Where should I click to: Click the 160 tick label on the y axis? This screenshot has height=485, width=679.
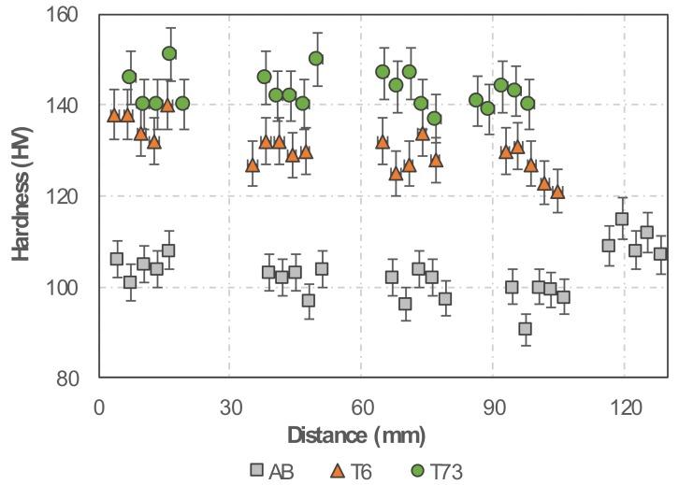(71, 15)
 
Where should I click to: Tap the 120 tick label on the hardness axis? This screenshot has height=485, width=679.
(71, 196)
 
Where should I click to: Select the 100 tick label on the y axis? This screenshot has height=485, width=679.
(71, 288)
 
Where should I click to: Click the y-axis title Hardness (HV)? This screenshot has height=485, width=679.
(22, 195)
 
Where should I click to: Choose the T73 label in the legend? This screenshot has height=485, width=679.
(446, 471)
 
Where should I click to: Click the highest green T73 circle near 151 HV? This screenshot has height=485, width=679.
(169, 53)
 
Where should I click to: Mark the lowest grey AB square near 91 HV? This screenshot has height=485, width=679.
(526, 329)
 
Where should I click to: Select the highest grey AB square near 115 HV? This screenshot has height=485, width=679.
(622, 220)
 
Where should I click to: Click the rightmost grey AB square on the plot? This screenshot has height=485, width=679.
(660, 254)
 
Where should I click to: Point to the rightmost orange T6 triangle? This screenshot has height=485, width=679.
(557, 193)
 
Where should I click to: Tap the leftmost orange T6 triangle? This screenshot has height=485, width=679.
(114, 115)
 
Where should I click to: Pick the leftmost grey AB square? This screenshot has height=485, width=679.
(117, 259)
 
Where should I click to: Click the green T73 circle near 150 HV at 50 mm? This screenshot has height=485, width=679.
(316, 58)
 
